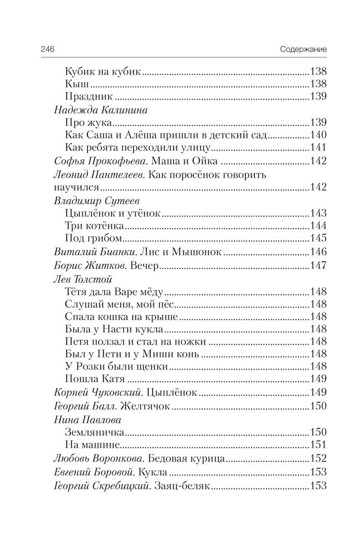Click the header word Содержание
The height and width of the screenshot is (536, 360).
coord(303,49)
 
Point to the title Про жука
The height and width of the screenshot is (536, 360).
coord(88,123)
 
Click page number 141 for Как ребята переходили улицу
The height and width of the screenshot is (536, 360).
coord(318,149)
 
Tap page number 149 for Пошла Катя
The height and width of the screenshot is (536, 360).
coord(318,379)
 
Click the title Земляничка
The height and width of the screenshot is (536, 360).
coord(95,432)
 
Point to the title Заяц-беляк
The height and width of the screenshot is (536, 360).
coord(181,485)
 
